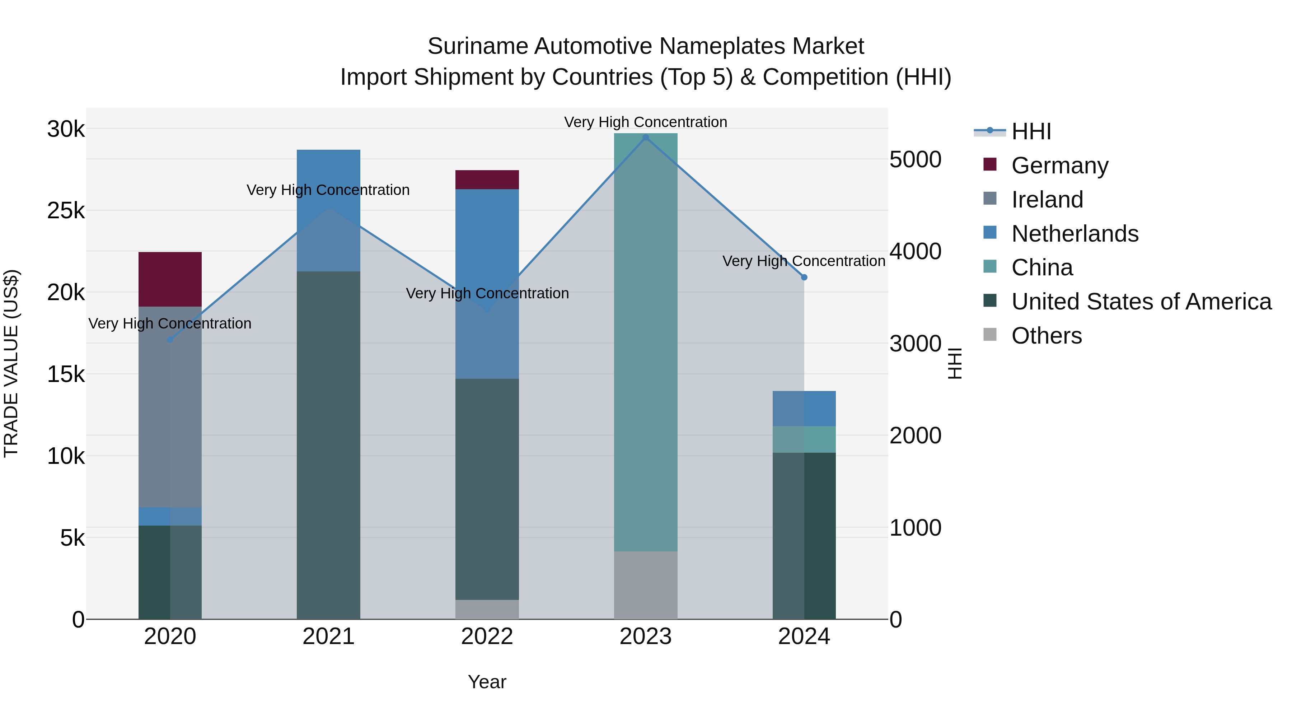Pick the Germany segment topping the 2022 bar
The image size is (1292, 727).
[487, 180]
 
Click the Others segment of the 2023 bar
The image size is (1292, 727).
[646, 585]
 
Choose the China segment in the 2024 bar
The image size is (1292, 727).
[804, 439]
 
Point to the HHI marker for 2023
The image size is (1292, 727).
[646, 138]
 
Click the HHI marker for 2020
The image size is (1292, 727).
[170, 340]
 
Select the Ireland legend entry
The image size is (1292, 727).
[1047, 200]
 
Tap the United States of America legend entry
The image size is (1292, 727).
[1141, 302]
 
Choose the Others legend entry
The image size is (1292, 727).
[1046, 336]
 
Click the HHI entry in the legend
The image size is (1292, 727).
[1031, 131]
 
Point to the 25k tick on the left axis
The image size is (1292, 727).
[66, 211]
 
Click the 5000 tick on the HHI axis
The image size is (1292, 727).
[915, 159]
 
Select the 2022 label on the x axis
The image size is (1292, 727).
[487, 637]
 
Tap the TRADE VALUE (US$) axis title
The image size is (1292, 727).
[11, 363]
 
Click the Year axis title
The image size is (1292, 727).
[487, 682]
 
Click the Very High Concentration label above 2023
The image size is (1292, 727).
[646, 122]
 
